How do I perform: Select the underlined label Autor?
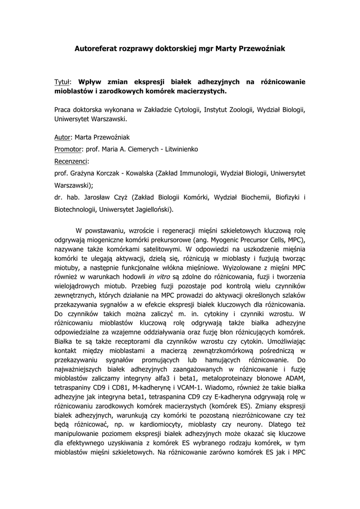tap(62, 137)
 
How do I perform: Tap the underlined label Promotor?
tap(69, 149)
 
